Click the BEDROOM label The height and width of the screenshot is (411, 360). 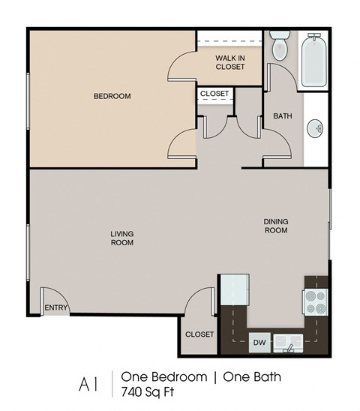(x=112, y=96)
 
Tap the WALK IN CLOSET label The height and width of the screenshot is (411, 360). (x=229, y=61)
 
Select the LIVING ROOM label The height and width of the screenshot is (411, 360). (x=122, y=238)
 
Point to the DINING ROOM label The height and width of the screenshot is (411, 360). (x=275, y=226)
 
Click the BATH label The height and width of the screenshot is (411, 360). (x=282, y=116)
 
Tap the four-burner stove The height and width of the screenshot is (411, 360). (x=316, y=300)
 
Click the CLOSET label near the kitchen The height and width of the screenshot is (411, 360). (x=199, y=334)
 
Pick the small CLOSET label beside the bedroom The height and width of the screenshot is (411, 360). (x=215, y=94)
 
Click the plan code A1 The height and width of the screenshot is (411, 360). (x=88, y=383)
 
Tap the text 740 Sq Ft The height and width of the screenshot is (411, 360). (x=147, y=391)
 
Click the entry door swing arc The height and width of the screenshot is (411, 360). (x=50, y=294)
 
